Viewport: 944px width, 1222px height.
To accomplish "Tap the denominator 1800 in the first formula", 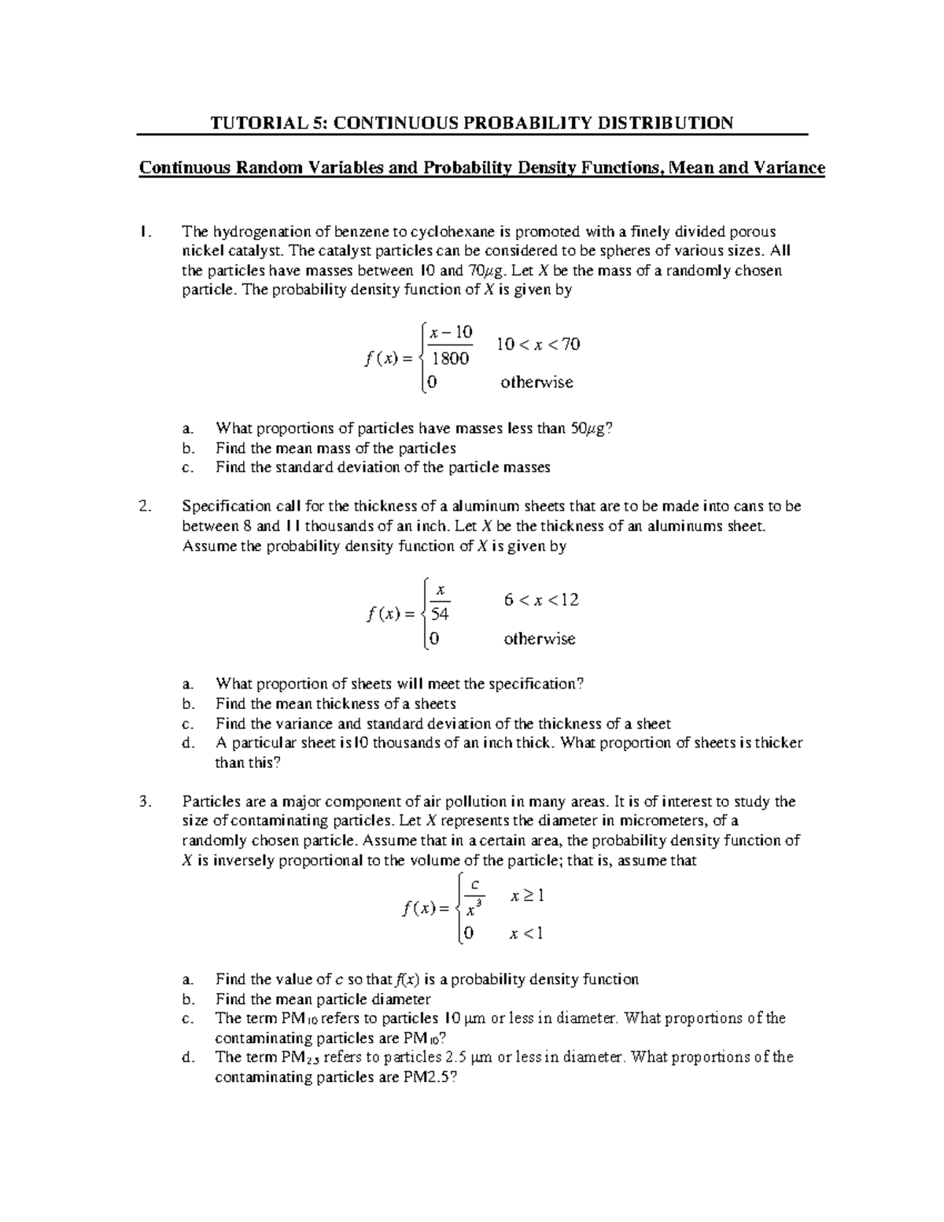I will tap(450, 359).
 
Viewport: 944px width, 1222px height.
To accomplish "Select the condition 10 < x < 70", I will tap(538, 344).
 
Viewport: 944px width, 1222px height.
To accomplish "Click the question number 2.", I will tap(143, 507).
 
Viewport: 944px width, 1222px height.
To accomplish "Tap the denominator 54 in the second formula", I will tap(439, 615).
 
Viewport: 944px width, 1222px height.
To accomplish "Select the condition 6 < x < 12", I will tap(541, 600).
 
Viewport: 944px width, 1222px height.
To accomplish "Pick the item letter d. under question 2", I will tap(186, 743).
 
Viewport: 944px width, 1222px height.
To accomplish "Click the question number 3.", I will tap(143, 802).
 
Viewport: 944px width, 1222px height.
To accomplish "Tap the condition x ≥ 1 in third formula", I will tap(527, 895).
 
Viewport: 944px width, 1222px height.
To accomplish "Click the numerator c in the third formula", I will tap(472, 884).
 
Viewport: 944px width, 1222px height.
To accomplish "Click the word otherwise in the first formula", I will tap(537, 382).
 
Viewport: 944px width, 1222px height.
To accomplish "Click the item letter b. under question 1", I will tap(186, 448).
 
